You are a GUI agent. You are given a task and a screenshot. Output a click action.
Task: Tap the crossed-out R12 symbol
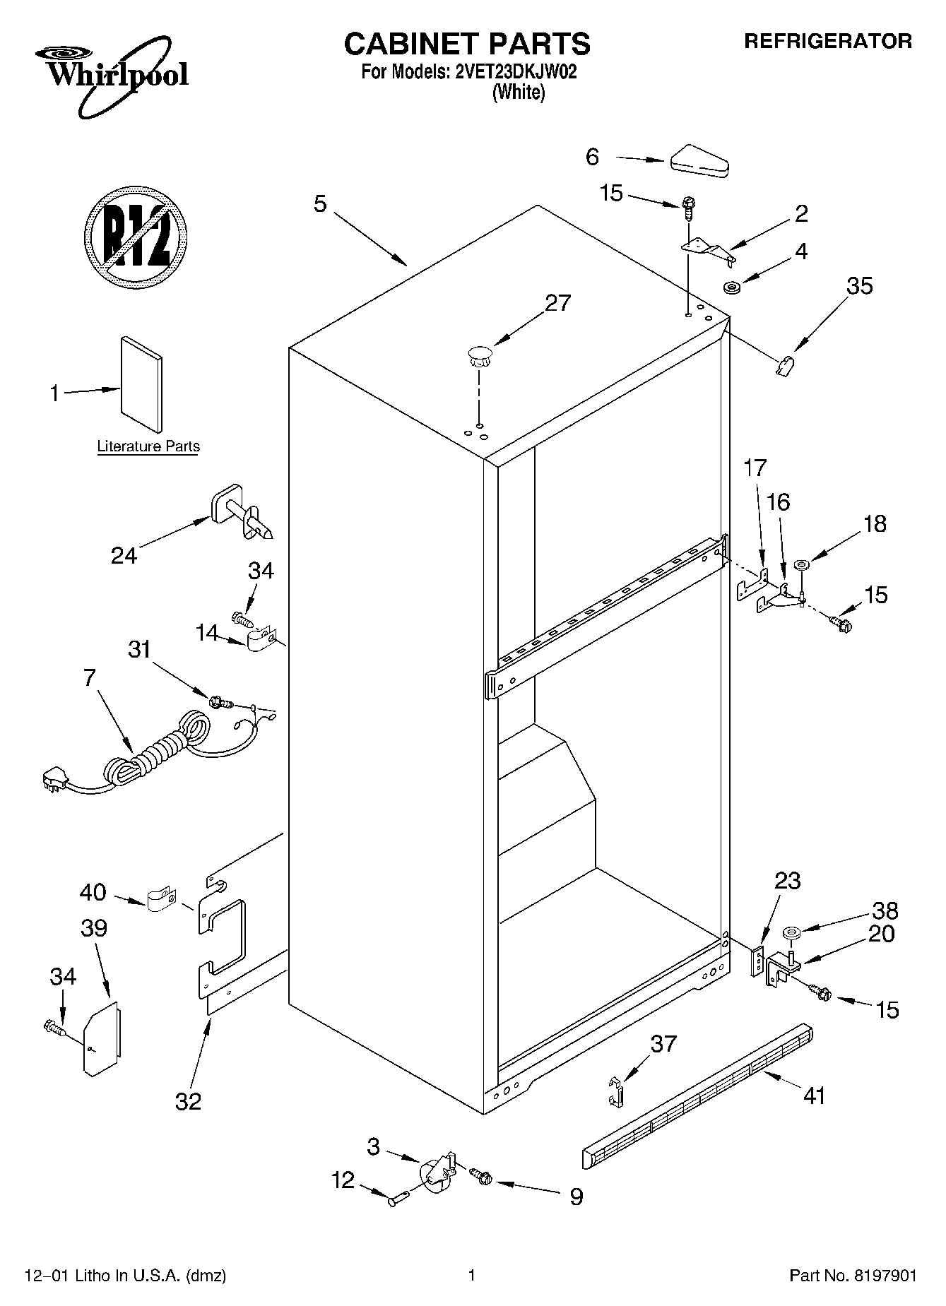click(136, 236)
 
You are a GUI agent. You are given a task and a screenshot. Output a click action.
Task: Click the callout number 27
click(557, 303)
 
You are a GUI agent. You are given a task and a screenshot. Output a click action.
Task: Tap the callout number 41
click(814, 1096)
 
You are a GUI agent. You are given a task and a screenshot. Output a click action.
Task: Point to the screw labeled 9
click(482, 1176)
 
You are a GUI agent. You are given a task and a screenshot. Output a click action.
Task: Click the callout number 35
click(859, 286)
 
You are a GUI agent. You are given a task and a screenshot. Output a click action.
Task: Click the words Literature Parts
click(148, 446)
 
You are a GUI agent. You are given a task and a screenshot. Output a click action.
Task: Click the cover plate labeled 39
click(101, 1037)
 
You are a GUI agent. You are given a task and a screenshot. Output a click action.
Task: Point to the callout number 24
click(124, 556)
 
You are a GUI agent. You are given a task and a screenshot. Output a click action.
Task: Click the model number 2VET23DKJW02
click(512, 72)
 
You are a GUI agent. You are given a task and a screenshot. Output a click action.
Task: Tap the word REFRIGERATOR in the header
click(828, 42)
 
